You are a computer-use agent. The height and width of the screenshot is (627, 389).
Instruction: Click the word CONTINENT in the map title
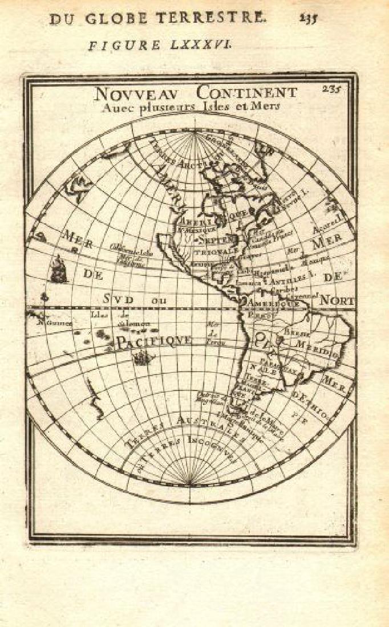click(246, 92)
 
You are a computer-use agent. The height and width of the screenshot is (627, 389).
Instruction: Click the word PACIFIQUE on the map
click(154, 341)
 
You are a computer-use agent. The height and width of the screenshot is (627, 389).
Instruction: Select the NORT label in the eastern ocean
click(337, 300)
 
